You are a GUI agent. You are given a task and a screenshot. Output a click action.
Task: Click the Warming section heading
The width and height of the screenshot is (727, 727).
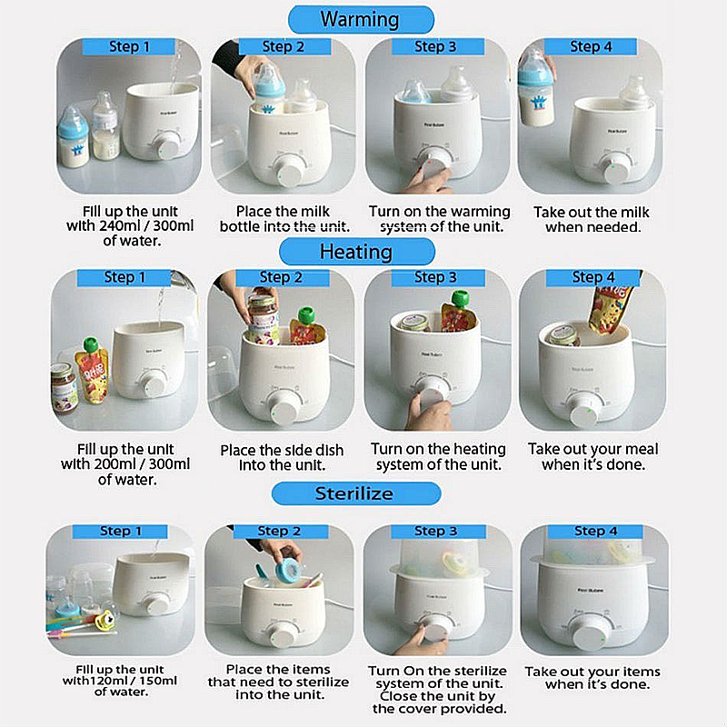[x=360, y=19]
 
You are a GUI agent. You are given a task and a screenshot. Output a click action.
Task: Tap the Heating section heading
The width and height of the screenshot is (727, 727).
[x=356, y=252]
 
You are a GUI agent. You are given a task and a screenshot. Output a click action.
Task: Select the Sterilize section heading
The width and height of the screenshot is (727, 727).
[x=354, y=493]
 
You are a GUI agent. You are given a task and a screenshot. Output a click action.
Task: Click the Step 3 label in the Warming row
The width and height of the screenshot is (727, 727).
[x=435, y=46]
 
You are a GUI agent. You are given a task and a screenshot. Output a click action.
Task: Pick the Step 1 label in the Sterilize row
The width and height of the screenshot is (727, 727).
[x=121, y=531]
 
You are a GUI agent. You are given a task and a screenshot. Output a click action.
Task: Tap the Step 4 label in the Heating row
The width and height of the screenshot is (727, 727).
[x=593, y=277]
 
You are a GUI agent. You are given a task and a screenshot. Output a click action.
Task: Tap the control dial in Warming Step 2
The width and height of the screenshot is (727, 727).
[x=289, y=170]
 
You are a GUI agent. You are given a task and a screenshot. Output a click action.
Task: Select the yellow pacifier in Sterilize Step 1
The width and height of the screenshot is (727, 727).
[x=105, y=621]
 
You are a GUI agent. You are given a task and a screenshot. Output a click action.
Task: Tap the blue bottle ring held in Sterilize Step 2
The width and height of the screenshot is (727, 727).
[x=287, y=571]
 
